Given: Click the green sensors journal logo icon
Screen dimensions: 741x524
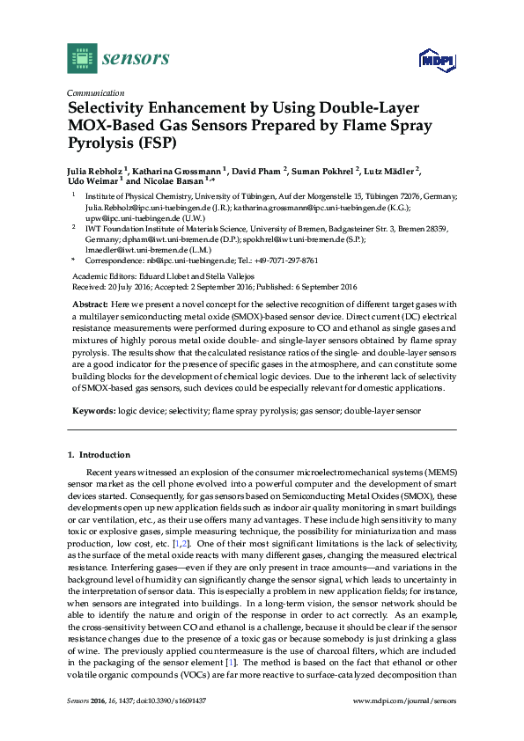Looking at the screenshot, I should pyautogui.click(x=82, y=58).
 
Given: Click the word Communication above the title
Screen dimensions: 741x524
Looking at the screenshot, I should pyautogui.click(x=95, y=92).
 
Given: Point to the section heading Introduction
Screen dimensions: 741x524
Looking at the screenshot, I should pyautogui.click(x=105, y=455).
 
